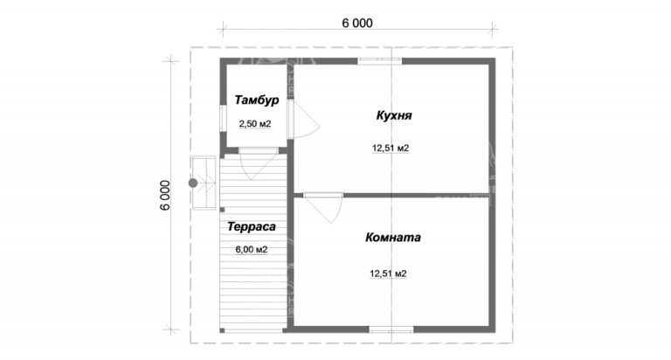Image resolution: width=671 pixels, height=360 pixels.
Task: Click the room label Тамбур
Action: point(255,101)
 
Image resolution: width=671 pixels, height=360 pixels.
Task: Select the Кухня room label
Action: point(394,115)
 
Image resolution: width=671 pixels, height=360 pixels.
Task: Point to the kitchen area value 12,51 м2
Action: point(391,148)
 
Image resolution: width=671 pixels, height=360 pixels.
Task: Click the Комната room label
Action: point(393,237)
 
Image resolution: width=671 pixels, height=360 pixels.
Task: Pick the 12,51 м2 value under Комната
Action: point(389,273)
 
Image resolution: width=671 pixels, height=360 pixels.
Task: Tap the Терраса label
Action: point(252,227)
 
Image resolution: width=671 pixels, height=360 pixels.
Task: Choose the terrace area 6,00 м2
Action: point(251,250)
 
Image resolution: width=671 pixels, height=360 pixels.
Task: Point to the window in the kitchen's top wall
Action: point(379,60)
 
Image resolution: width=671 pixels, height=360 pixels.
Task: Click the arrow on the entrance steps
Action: point(210,183)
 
